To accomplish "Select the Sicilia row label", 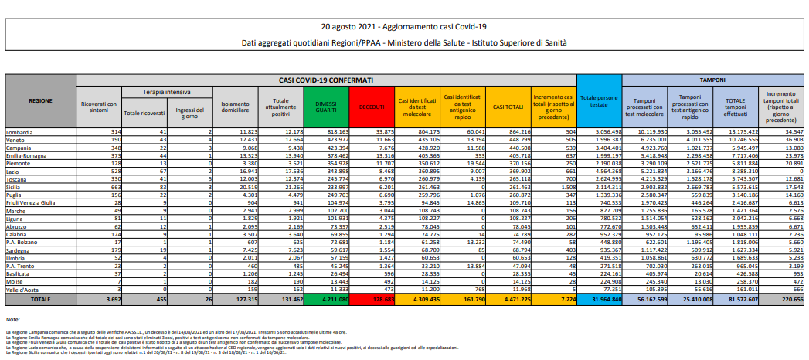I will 15,186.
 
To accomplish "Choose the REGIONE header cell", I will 40,100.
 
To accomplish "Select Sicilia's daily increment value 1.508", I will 566,186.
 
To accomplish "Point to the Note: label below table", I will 12,318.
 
